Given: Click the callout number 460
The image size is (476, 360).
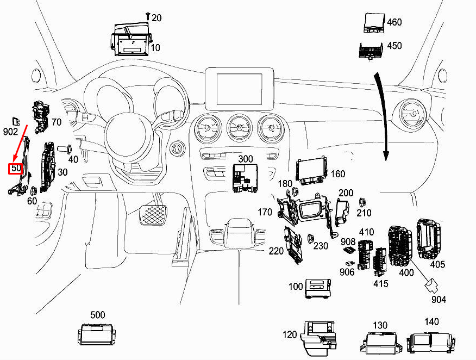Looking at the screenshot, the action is pos(394,22).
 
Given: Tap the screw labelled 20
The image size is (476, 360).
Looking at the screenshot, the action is pos(148,16).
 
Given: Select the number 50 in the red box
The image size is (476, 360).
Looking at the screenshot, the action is pos(16,168).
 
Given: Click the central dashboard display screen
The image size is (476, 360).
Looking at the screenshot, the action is pos(239,89).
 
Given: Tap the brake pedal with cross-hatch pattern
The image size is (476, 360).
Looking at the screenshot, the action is pos(153,215).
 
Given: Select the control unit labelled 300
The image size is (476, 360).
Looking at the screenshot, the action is pos(245,178).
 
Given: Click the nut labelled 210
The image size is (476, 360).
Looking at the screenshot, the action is pos(361,202).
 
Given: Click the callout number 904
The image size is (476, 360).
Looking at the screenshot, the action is pos(439,300).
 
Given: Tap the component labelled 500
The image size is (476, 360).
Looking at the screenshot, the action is pos(96,334).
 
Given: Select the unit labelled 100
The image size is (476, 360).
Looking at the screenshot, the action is pos(317,288).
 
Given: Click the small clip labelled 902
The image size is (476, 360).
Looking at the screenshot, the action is pos(16,121).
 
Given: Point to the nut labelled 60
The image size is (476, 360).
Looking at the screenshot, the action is pos(33,190).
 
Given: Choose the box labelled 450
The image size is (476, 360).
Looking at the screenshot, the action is pos(371,51).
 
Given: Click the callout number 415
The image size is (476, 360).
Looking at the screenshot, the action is pos(381,284).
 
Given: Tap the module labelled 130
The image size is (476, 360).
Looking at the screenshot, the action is pos(381,343).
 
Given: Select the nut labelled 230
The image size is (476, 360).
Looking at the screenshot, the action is pos(310,239).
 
